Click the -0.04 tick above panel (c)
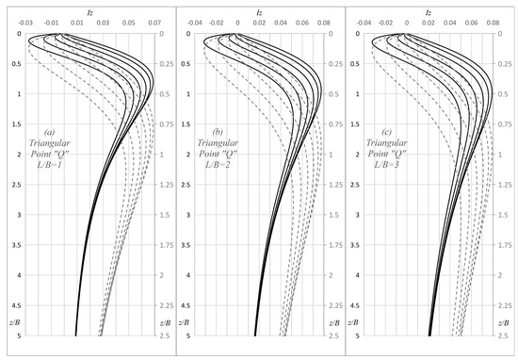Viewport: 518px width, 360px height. pos(364,22)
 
